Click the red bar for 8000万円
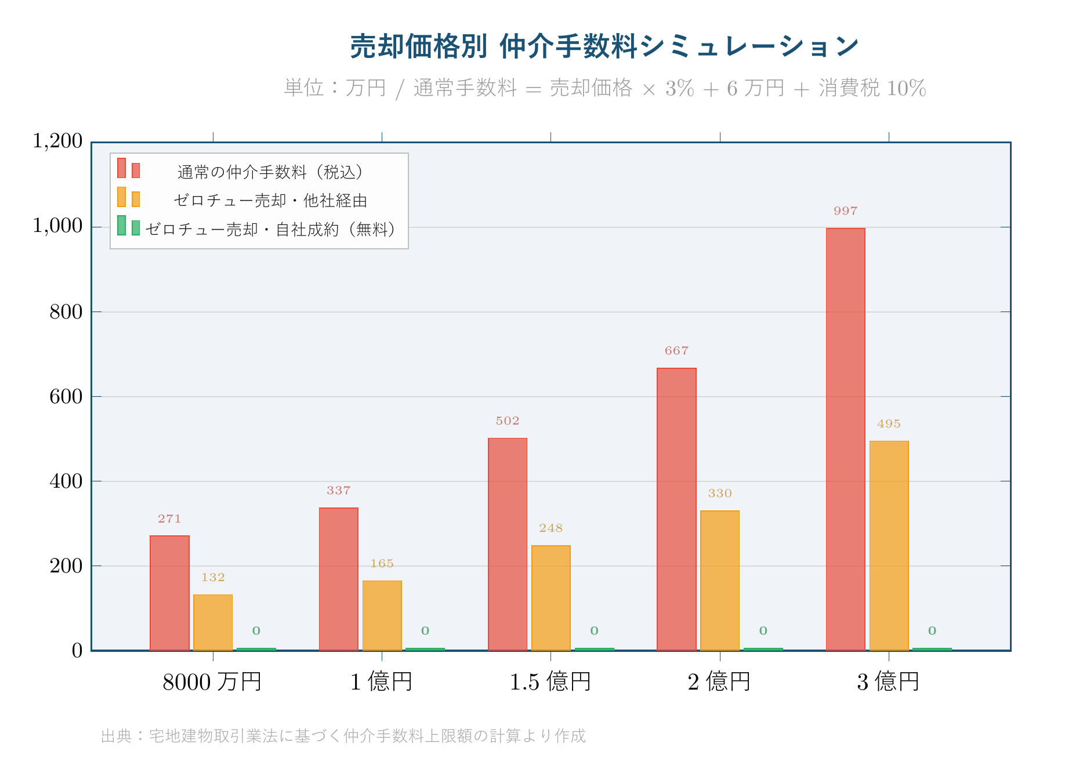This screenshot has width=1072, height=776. click(x=169, y=593)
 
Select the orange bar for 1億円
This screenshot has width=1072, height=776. click(x=382, y=615)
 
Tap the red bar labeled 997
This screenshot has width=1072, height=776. click(x=845, y=439)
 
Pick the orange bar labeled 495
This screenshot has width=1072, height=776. click(x=889, y=545)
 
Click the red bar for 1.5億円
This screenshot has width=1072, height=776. click(x=508, y=544)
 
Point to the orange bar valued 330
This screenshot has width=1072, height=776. click(x=719, y=580)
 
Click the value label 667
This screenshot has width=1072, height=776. click(x=676, y=351)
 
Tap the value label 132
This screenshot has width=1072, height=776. click(x=213, y=578)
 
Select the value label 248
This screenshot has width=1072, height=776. click(x=551, y=528)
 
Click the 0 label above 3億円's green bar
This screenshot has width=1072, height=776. click(x=932, y=631)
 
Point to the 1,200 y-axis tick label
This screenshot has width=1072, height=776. click(x=57, y=141)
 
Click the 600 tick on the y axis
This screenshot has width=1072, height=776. click(x=66, y=397)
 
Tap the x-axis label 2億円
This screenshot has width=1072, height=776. click(x=719, y=681)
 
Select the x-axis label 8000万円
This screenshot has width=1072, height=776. click(x=212, y=681)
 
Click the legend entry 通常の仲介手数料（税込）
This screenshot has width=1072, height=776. click(x=270, y=172)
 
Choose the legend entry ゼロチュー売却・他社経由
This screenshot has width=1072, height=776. click(x=270, y=201)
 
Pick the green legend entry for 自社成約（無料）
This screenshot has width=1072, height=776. click(x=270, y=230)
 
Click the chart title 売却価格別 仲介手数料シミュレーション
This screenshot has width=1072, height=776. click(x=604, y=46)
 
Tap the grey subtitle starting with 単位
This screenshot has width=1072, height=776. click(x=604, y=88)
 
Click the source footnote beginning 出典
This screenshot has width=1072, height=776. click(x=343, y=736)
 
